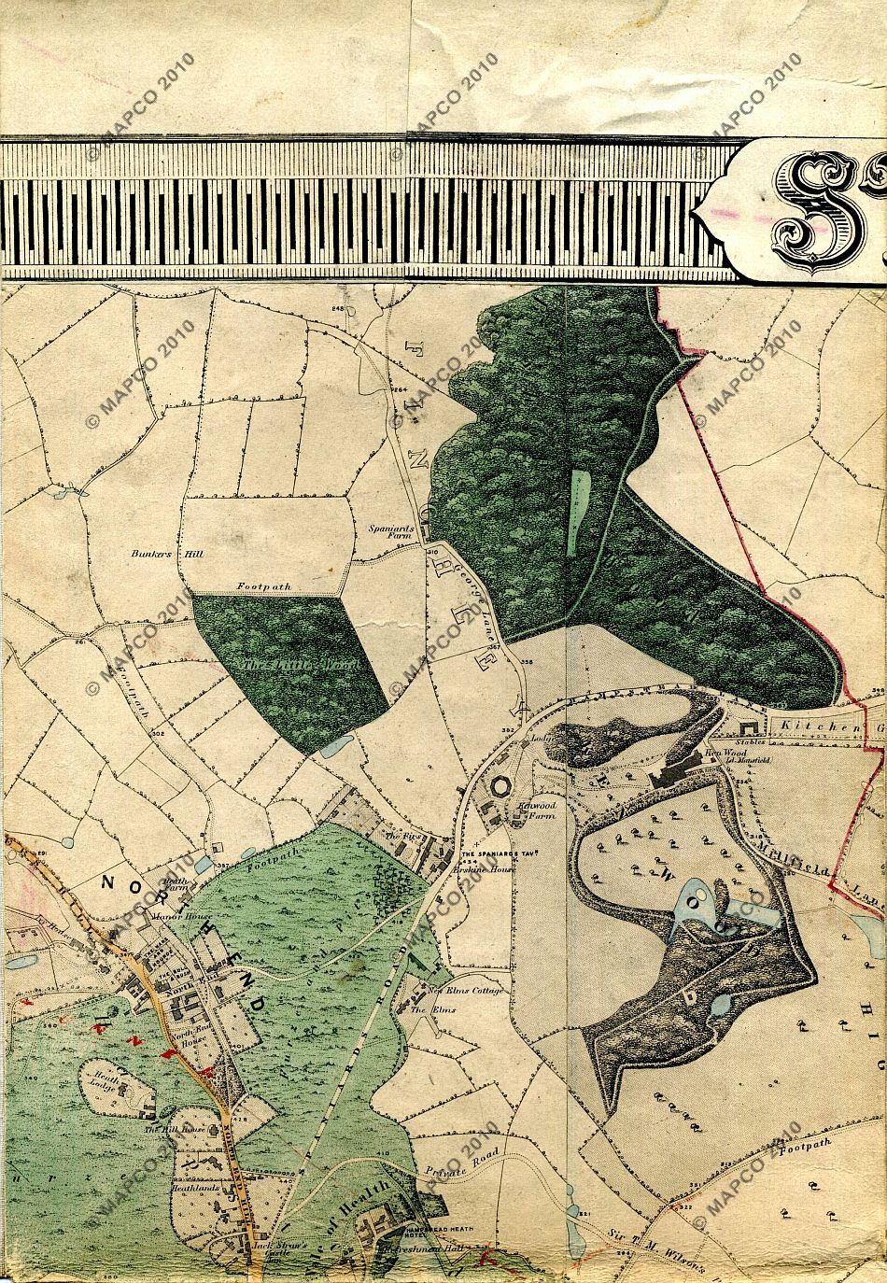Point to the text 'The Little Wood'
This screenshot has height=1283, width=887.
click(289, 664)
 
